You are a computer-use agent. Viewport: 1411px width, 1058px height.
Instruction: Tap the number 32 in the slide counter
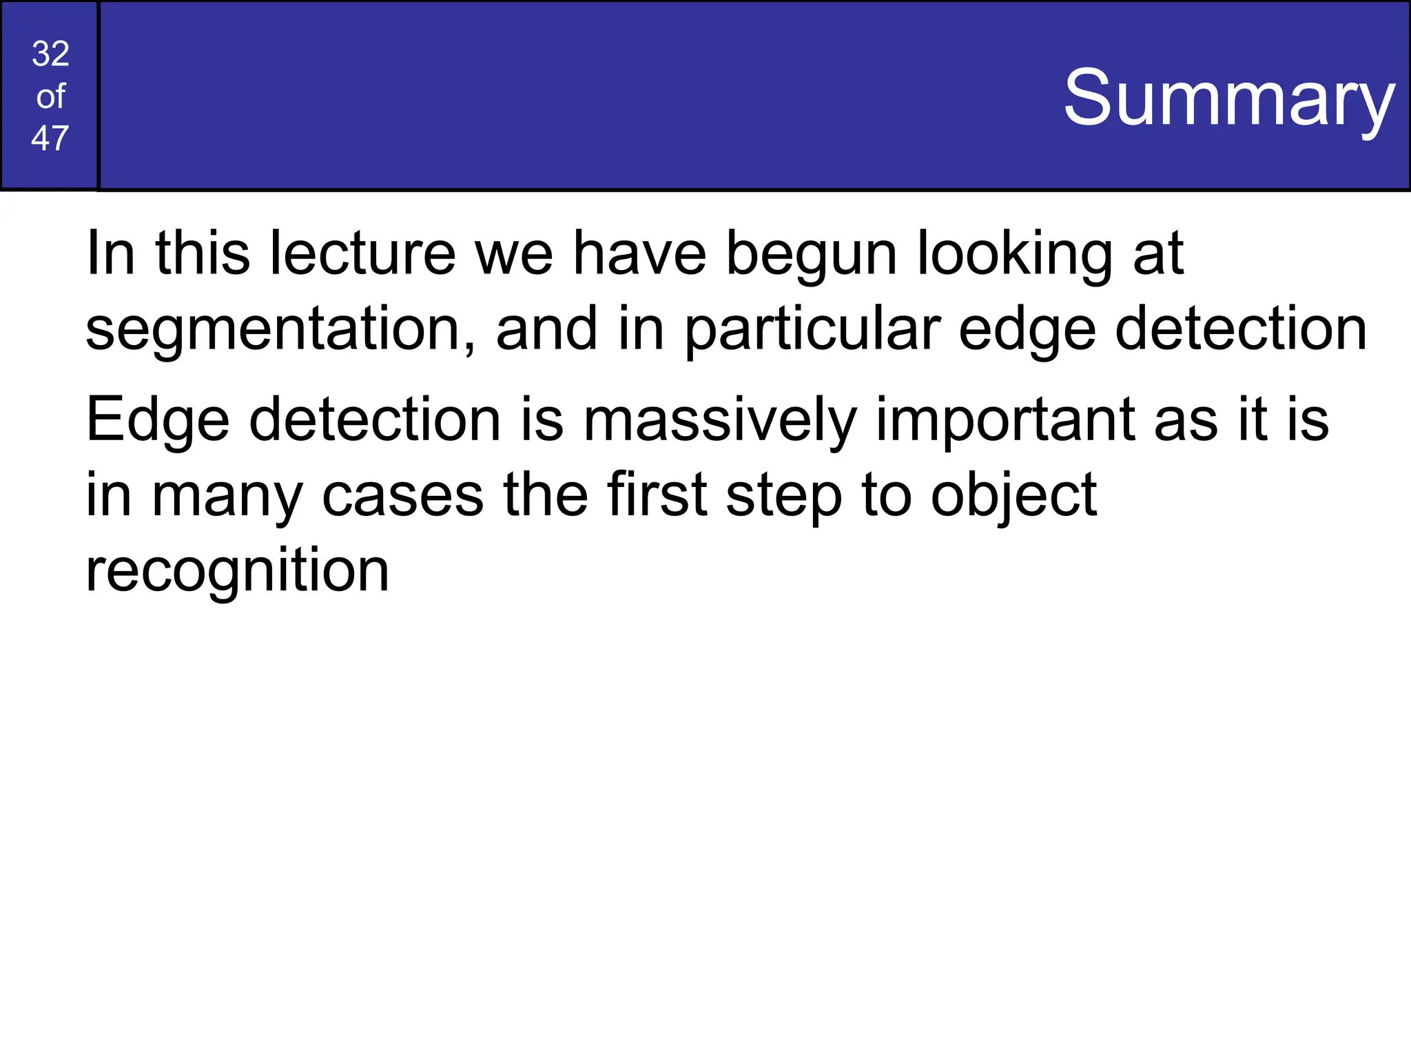(50, 54)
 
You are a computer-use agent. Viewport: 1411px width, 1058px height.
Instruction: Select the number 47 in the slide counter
(50, 138)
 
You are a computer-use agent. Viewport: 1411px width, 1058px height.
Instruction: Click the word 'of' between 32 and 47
(50, 96)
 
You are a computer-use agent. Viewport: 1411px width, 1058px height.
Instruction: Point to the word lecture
(362, 253)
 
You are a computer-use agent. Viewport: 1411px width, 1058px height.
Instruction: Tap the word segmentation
(273, 329)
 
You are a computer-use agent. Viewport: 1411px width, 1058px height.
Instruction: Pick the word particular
(812, 329)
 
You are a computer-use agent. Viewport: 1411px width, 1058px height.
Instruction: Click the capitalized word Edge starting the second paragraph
(157, 420)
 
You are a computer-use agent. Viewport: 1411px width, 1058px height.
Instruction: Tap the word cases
(402, 496)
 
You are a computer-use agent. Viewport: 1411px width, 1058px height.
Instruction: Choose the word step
(783, 496)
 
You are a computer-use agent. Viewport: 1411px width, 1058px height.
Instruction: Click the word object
(1013, 496)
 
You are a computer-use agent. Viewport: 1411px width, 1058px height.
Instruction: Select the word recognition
(237, 572)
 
